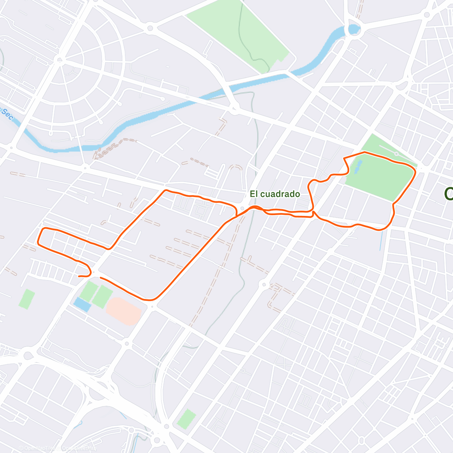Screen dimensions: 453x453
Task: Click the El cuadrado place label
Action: pyautogui.click(x=275, y=194)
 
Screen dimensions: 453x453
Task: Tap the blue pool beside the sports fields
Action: pyautogui.click(x=82, y=304)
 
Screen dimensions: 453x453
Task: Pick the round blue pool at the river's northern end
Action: pyautogui.click(x=354, y=29)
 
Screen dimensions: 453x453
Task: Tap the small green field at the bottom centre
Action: pyautogui.click(x=186, y=419)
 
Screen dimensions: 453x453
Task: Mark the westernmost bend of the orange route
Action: pyautogui.click(x=39, y=244)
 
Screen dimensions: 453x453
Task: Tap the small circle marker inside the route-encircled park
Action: pyautogui.click(x=396, y=154)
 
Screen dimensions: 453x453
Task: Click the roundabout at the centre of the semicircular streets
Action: pyautogui.click(x=59, y=60)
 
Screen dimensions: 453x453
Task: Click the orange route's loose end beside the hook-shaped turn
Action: pyautogui.click(x=79, y=276)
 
